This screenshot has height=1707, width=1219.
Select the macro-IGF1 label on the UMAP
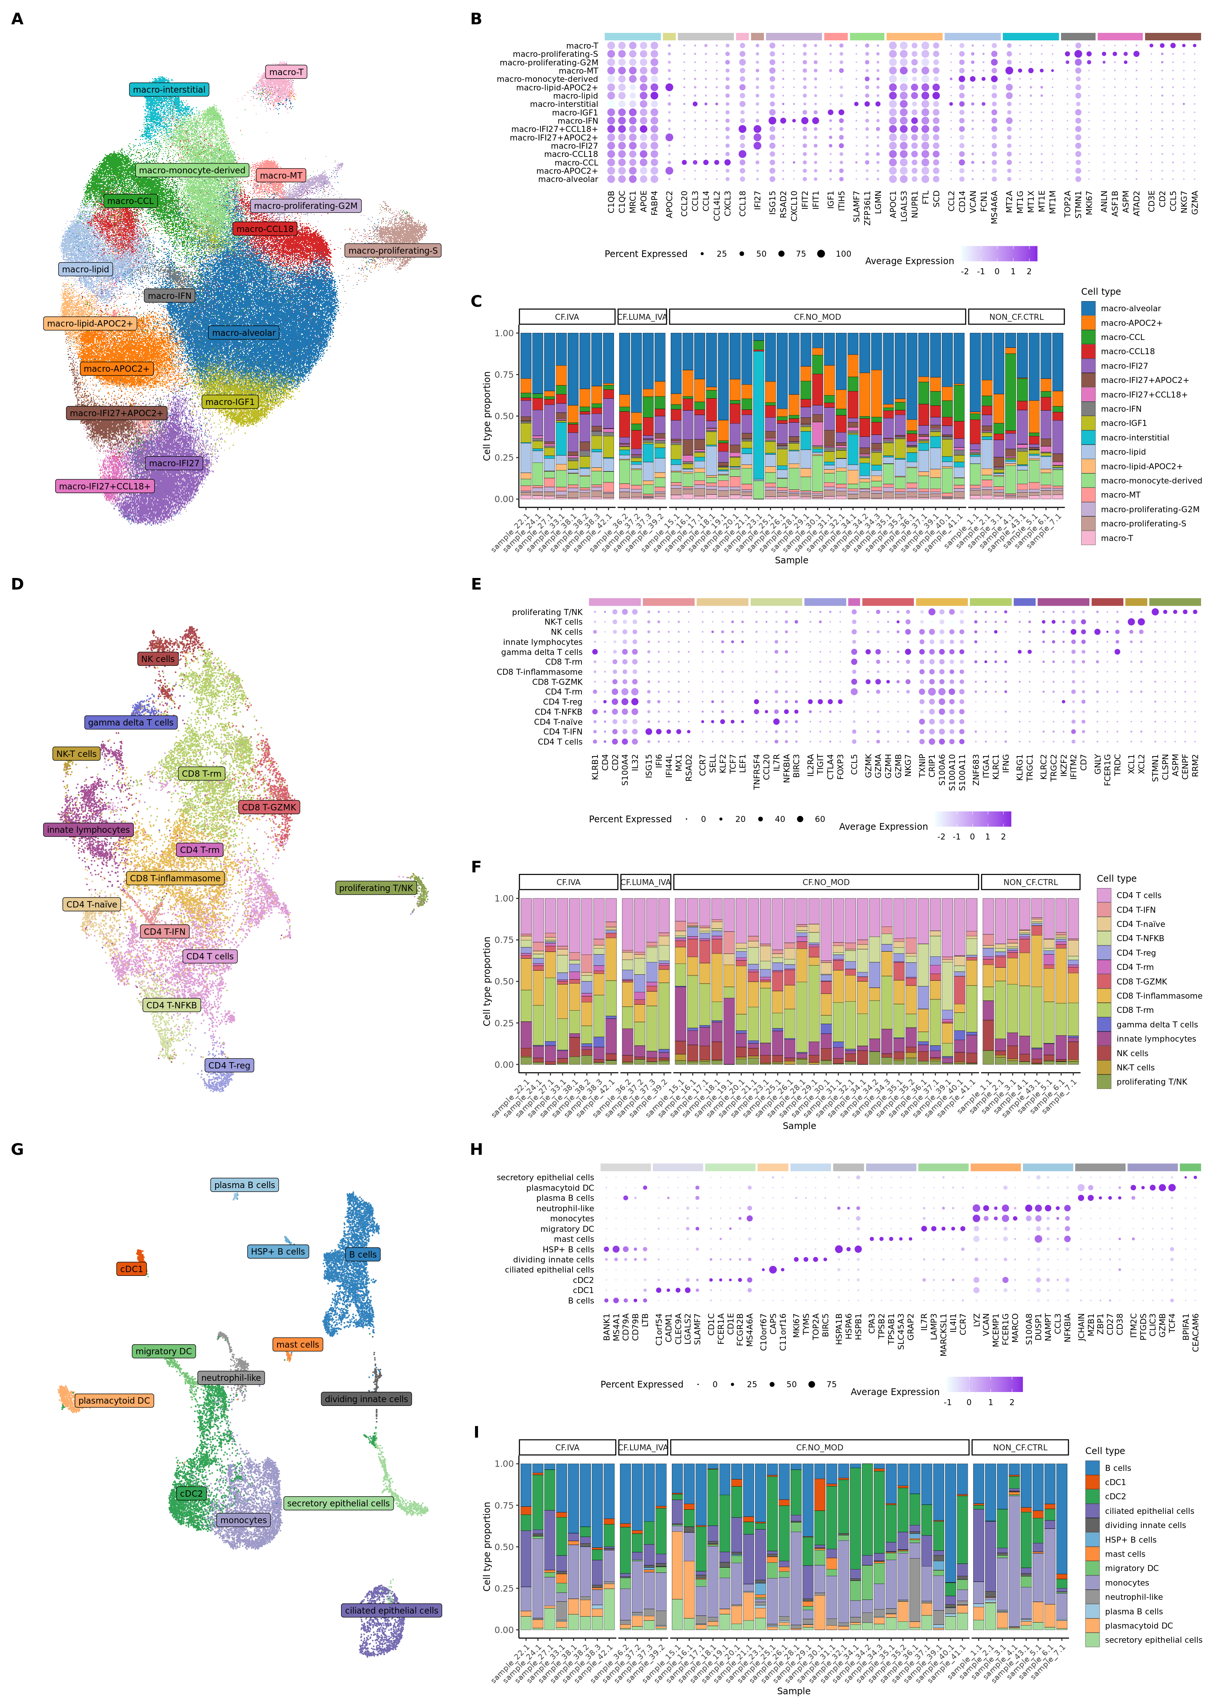tap(230, 402)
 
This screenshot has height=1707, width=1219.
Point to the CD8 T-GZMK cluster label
tap(269, 807)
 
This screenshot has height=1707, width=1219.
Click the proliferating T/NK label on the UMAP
tap(376, 888)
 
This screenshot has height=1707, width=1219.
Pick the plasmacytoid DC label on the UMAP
tap(114, 1401)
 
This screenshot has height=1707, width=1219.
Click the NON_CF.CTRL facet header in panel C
tap(1016, 317)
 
